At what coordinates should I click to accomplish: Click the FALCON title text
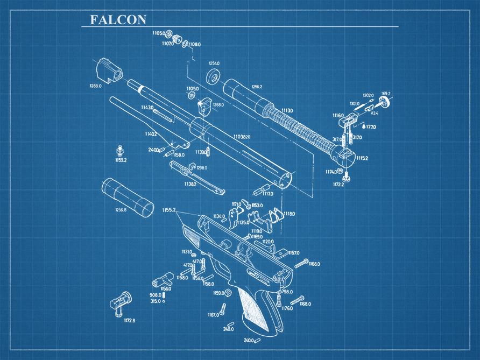[x=118, y=20]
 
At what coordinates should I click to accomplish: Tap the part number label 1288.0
[x=95, y=86]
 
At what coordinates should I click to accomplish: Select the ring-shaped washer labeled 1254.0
[x=214, y=76]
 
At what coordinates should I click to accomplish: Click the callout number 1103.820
[x=243, y=137]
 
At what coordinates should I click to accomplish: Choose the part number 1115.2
[x=362, y=158]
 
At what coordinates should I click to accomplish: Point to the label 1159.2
[x=121, y=160]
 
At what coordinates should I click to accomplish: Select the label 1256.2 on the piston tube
[x=257, y=87]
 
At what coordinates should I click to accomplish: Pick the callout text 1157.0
[x=293, y=252]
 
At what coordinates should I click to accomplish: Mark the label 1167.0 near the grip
[x=213, y=315]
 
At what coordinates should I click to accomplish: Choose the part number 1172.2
[x=338, y=184]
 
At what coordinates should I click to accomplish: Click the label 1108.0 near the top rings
[x=194, y=44]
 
